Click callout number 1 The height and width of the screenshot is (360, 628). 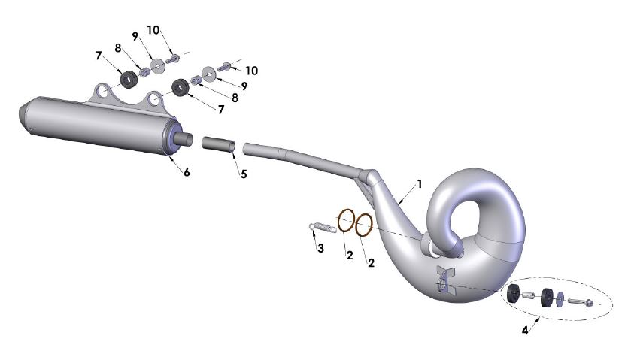(x=420, y=183)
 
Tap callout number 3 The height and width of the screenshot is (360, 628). (x=320, y=248)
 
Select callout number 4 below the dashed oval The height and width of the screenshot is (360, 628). (x=524, y=330)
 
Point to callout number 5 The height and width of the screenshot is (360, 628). (x=243, y=174)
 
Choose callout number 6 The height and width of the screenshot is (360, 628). (x=186, y=172)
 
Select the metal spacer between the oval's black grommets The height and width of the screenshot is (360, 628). (x=529, y=296)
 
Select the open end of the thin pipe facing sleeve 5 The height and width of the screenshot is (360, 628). (x=247, y=148)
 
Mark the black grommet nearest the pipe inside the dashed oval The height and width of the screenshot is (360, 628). (x=514, y=294)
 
